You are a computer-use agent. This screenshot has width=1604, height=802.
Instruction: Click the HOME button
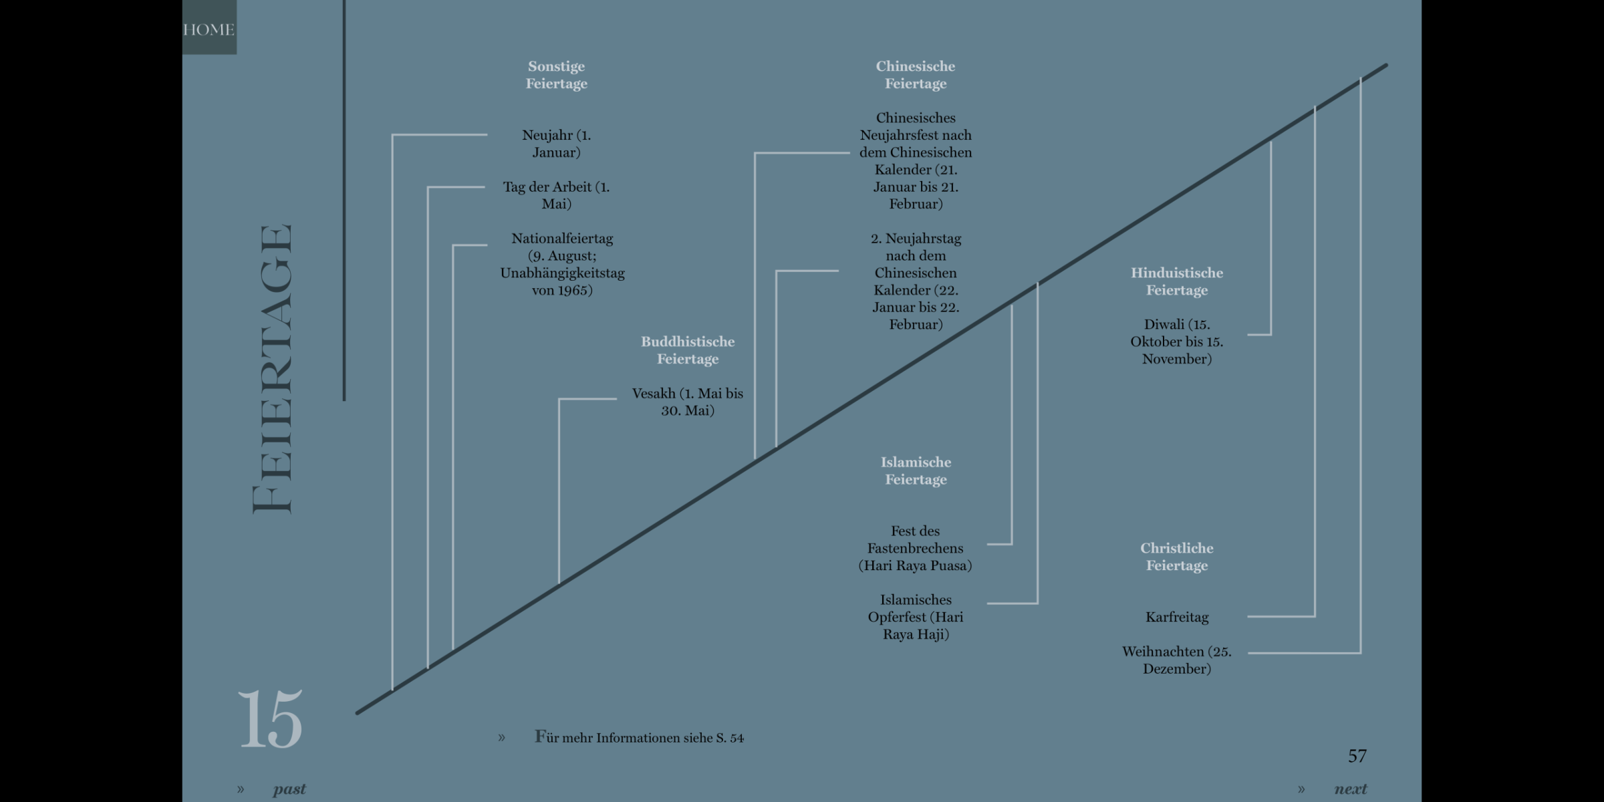[x=209, y=29]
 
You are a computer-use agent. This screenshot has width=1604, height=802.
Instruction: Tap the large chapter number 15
[x=270, y=719]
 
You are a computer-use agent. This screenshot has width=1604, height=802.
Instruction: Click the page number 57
[x=1357, y=756]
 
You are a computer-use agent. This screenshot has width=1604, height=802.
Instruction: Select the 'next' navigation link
[x=1350, y=789]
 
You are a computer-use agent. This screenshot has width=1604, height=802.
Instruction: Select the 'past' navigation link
[x=289, y=789]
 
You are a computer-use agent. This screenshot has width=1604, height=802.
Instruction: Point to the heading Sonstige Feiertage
[x=556, y=75]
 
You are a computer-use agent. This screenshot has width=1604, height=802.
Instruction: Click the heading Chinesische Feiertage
[x=915, y=75]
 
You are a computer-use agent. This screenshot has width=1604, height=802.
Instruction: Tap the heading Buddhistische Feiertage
[x=687, y=350]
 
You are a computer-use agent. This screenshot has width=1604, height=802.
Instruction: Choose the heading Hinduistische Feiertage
[x=1176, y=281]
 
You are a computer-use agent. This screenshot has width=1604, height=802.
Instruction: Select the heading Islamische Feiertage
[x=916, y=471]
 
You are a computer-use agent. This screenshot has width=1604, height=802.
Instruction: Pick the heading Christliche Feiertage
[x=1176, y=557]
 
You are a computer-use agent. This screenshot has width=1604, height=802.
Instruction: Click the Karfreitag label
[x=1176, y=617]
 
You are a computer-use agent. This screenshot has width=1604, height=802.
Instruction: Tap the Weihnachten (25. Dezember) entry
[x=1176, y=660]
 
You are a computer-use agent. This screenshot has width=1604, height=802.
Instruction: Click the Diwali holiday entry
[x=1176, y=342]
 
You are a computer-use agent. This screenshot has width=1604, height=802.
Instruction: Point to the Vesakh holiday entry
[x=687, y=402]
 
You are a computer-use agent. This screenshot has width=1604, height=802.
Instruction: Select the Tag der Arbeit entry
[x=556, y=195]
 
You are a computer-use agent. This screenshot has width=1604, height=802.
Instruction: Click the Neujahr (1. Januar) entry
[x=556, y=144]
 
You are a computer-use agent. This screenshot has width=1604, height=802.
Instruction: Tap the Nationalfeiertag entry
[x=562, y=264]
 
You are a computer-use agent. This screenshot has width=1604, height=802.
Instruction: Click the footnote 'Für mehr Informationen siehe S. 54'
[x=639, y=738]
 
